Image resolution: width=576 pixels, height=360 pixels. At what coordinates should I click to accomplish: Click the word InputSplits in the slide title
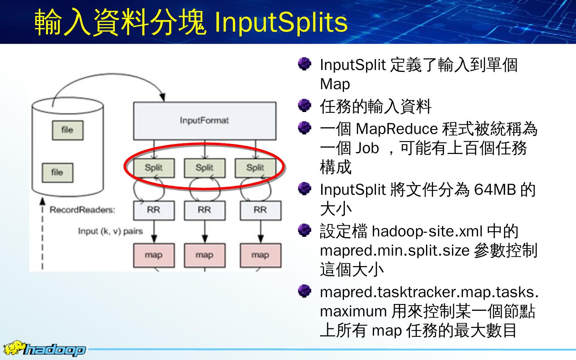click(x=281, y=22)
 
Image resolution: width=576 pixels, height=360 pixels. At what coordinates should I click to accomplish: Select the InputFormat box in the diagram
click(x=204, y=120)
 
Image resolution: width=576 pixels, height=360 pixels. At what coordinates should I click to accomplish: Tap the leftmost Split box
click(x=154, y=168)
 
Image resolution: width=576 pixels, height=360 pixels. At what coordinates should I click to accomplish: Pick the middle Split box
click(x=204, y=168)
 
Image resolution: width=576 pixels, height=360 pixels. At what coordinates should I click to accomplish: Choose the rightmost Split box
click(x=255, y=168)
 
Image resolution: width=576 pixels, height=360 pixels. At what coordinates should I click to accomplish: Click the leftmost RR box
click(x=154, y=210)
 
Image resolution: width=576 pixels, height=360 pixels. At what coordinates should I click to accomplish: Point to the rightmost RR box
click(x=260, y=210)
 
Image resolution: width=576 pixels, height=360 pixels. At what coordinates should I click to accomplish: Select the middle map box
click(x=204, y=255)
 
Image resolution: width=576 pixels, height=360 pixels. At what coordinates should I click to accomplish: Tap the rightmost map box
click(x=260, y=255)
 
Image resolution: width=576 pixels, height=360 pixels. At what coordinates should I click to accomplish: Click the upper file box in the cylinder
click(x=67, y=130)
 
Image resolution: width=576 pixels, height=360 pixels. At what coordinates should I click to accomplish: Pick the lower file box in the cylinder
click(x=57, y=172)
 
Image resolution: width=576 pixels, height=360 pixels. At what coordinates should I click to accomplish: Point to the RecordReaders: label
click(x=82, y=210)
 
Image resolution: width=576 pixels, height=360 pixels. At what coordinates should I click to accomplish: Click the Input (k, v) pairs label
click(x=110, y=231)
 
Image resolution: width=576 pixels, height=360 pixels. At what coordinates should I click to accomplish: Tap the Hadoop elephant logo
click(x=14, y=348)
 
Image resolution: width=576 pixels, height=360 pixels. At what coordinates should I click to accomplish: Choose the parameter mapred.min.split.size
click(x=394, y=251)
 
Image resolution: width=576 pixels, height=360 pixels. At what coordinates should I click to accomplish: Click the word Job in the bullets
click(x=367, y=148)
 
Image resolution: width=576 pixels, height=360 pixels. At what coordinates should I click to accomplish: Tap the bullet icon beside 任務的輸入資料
click(x=305, y=105)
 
